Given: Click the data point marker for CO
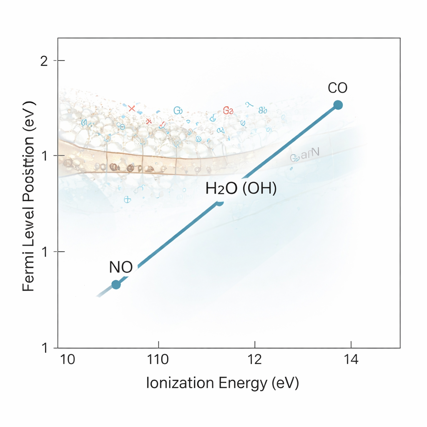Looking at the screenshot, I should [338, 105].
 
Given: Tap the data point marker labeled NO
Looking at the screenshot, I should [116, 285].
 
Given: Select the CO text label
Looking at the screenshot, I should [337, 88].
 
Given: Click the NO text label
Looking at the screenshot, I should [121, 267].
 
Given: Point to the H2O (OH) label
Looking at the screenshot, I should [241, 189].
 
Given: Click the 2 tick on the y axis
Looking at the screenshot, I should [45, 61].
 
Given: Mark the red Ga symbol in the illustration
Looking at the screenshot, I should [228, 111].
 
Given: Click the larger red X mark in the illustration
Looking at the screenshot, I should [132, 108].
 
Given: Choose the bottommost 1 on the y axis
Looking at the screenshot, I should [45, 348].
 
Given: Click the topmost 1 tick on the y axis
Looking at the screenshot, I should [45, 156].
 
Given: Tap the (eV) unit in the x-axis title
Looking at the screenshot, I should [285, 383].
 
